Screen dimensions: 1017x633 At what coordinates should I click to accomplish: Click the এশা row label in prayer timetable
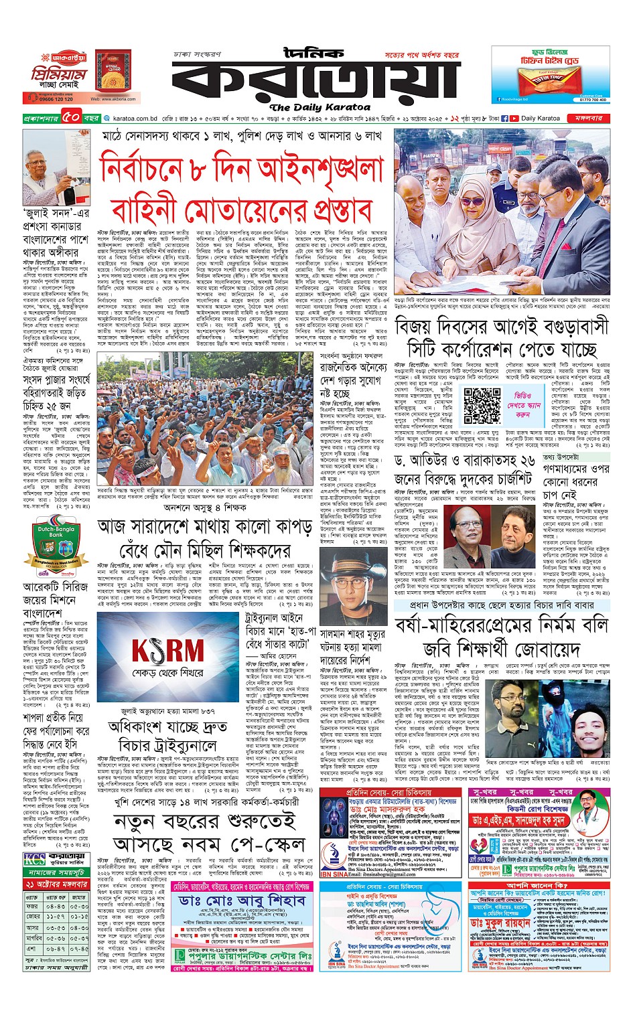[x=31, y=948]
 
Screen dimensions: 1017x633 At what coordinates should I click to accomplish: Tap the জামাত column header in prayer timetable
[x=79, y=897]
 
